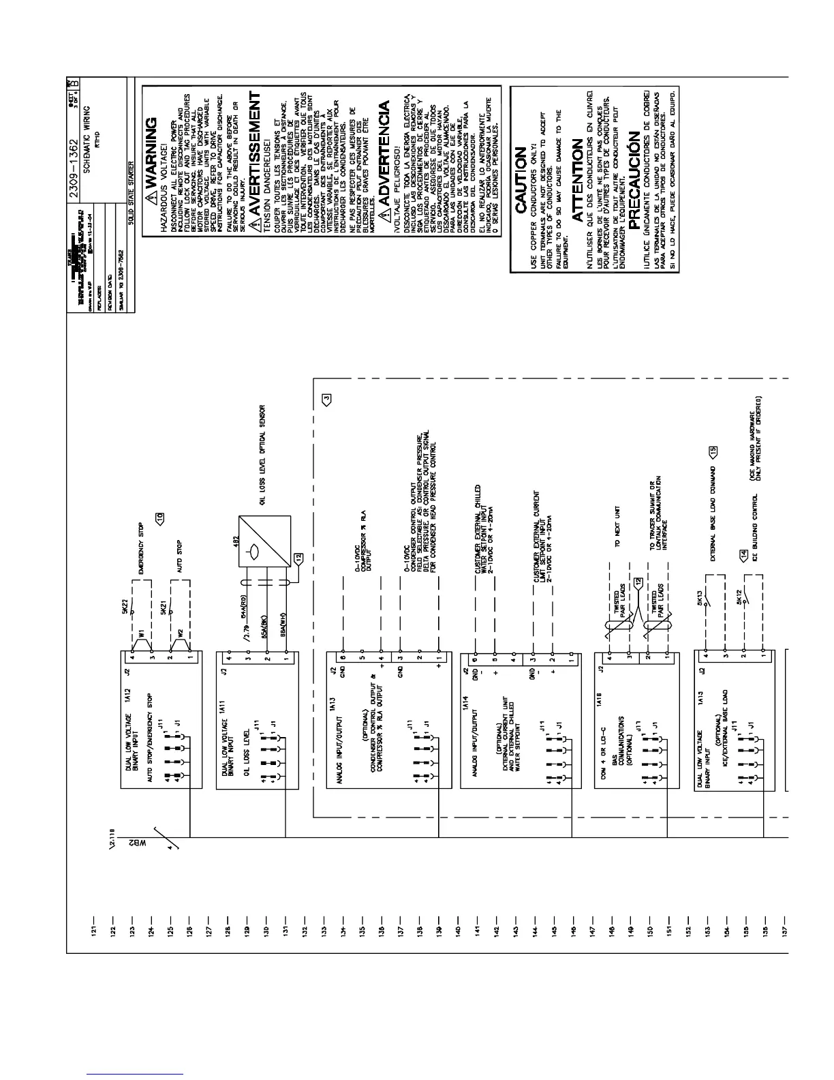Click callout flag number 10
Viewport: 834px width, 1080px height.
[x=161, y=517]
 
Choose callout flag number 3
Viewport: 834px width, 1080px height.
[x=327, y=400]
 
